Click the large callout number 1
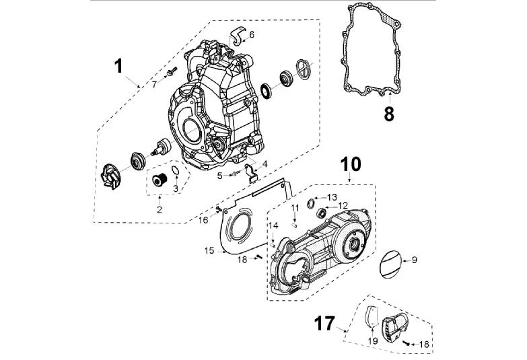click(118, 66)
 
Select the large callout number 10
click(351, 164)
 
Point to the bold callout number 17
click(324, 324)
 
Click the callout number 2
click(160, 210)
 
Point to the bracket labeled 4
click(251, 172)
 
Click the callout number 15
click(209, 251)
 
